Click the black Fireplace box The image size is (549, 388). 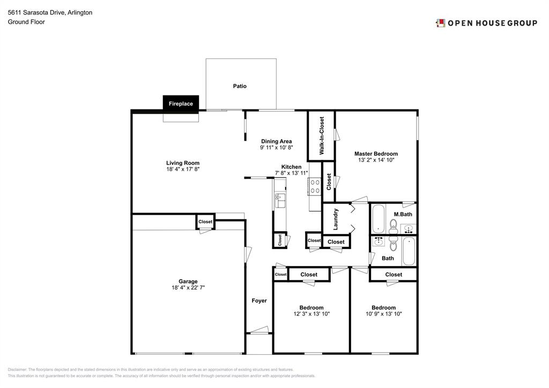[x=181, y=104]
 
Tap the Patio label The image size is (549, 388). [x=240, y=86]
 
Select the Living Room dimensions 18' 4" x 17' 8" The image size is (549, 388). [x=183, y=169]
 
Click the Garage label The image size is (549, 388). [x=188, y=281]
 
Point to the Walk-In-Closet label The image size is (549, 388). [x=322, y=136]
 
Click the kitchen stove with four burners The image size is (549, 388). [x=315, y=186]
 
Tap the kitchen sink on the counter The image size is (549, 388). [x=280, y=201]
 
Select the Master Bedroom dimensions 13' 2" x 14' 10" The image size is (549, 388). [x=376, y=160]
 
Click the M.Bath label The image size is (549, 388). [x=403, y=214]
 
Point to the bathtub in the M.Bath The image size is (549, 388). [x=378, y=219]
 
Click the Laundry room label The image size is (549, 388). [x=336, y=219]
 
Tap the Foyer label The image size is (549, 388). [x=259, y=301]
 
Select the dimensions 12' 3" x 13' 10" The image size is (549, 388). [x=311, y=314]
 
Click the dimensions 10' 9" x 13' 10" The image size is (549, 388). [x=384, y=314]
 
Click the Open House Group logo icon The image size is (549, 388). [x=440, y=23]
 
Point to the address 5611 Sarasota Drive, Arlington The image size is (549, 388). [x=50, y=13]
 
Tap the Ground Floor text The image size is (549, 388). [x=26, y=21]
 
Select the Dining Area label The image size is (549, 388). [x=276, y=141]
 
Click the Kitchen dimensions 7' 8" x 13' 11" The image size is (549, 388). [x=291, y=173]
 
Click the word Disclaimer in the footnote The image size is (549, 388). [x=17, y=369]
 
